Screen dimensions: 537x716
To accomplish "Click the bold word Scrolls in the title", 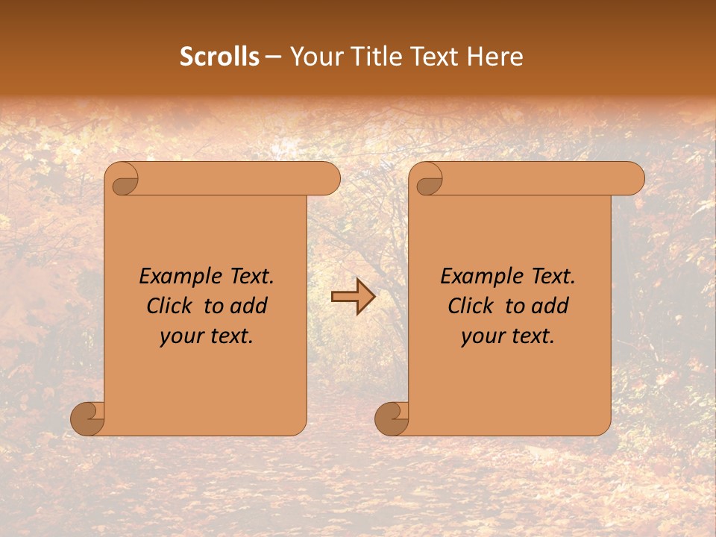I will [x=219, y=57].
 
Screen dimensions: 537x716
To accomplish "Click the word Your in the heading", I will [x=314, y=57].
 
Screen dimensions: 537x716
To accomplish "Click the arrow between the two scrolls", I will [x=354, y=298].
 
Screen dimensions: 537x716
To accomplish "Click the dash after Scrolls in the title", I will [x=273, y=57].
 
